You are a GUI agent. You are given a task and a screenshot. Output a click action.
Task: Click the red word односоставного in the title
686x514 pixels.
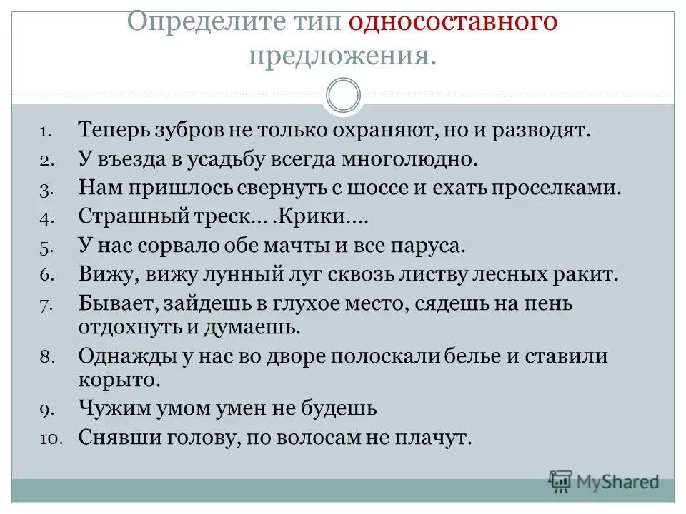pos(452,21)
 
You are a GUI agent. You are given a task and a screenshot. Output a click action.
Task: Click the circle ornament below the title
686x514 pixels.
pos(342,96)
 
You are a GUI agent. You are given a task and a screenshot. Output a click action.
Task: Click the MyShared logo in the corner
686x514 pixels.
pos(603,481)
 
